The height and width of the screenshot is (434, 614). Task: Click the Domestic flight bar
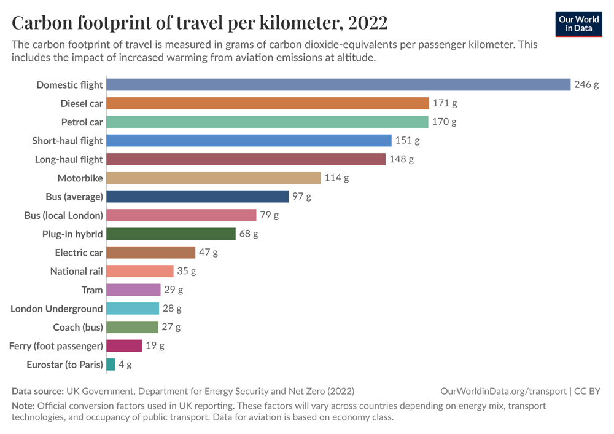coord(338,85)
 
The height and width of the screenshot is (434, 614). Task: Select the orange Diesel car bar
coord(268,103)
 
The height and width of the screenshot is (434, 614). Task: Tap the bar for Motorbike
coord(214,178)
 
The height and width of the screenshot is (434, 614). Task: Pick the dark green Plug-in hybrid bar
coord(171,234)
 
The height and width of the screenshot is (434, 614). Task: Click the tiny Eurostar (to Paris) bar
coord(111,365)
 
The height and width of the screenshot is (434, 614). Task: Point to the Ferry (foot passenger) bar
coord(124,345)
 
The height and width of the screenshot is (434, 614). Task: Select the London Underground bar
coord(133,309)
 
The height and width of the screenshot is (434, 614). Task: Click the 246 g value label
coord(586,85)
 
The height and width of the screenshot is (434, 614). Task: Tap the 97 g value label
coord(301,197)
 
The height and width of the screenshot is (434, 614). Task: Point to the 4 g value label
coord(125,365)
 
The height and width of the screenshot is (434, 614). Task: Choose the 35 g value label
coord(186,271)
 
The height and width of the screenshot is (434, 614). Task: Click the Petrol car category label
coord(82,122)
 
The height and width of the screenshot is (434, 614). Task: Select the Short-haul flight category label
coord(68,141)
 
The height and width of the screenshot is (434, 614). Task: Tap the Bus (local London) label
coord(63,216)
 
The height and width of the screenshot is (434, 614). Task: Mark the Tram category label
coord(92,290)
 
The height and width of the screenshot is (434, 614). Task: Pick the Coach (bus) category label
coord(78,327)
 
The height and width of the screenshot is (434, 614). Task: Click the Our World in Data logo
coord(578,23)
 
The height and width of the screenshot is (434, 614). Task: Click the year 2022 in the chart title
coord(367,23)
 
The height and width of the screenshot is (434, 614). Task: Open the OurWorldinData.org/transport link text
coord(503,391)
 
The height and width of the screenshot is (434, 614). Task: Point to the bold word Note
coord(23,406)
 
